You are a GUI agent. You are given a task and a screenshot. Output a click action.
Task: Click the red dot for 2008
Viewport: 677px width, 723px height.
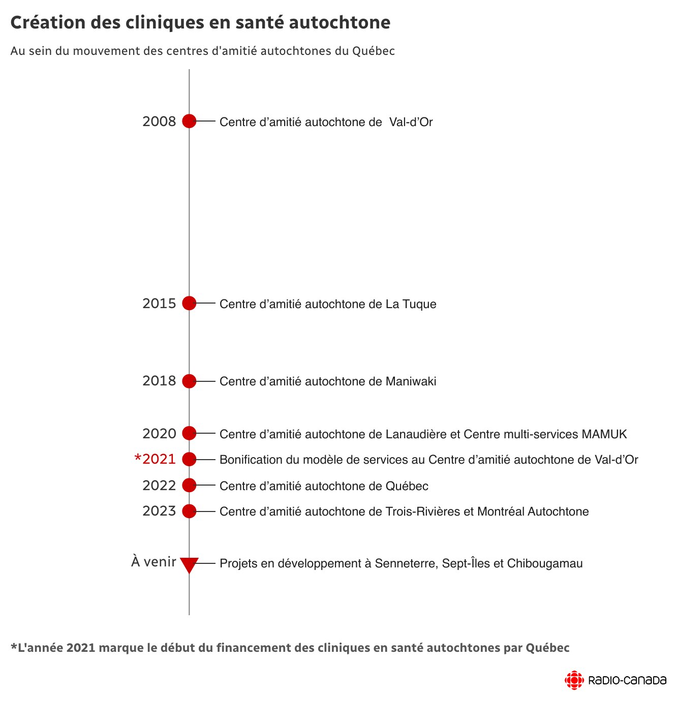point(189,121)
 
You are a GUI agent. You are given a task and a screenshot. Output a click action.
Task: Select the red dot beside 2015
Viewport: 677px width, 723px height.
point(189,303)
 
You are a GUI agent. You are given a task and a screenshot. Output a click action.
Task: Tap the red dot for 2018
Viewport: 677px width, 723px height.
point(189,381)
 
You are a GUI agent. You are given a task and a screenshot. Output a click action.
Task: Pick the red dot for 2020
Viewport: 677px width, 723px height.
point(189,433)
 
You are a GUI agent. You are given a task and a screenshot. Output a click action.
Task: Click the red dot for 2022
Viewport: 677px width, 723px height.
point(189,485)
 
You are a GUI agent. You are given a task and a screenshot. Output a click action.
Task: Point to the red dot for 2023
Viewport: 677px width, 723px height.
point(189,511)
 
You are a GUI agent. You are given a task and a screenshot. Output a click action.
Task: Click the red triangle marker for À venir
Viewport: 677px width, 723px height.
point(189,564)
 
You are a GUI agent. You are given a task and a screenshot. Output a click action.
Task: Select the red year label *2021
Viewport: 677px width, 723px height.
point(155,459)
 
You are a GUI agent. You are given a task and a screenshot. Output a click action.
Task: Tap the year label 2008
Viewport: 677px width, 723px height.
point(159,122)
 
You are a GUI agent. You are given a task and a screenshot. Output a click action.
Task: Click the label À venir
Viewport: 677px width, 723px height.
point(153,562)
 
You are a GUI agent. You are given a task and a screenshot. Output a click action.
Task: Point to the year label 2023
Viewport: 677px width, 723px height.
point(159,511)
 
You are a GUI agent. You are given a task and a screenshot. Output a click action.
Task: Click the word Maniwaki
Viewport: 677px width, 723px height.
point(411,381)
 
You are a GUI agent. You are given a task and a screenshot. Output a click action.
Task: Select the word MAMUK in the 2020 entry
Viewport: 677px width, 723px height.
point(604,434)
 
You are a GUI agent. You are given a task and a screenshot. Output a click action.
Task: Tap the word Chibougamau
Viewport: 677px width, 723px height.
point(545,563)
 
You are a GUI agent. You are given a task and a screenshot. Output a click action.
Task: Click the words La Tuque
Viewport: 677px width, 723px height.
point(411,304)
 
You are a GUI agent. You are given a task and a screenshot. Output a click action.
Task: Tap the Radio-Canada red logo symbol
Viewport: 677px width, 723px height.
point(574,680)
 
